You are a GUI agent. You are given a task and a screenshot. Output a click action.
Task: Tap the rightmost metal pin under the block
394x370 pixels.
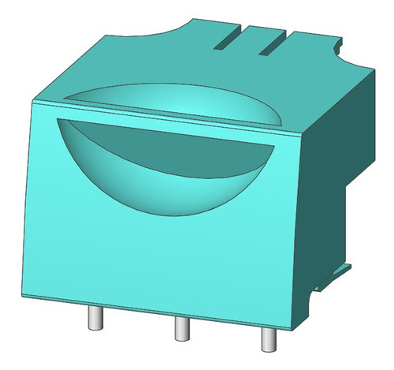[x=266, y=338]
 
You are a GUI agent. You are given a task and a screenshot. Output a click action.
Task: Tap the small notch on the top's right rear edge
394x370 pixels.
[x=340, y=50]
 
